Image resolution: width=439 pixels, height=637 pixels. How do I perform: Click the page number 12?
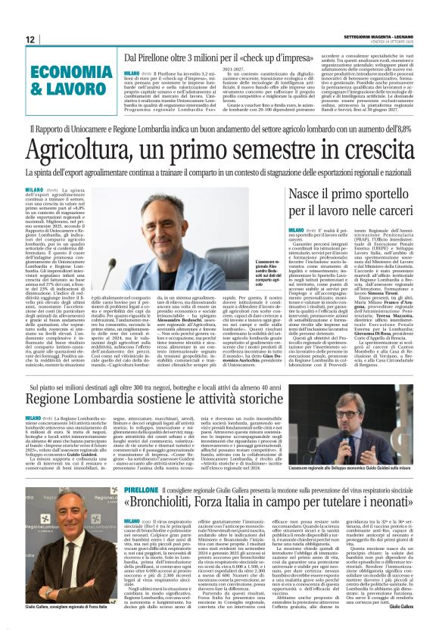pyautogui.click(x=30, y=39)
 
